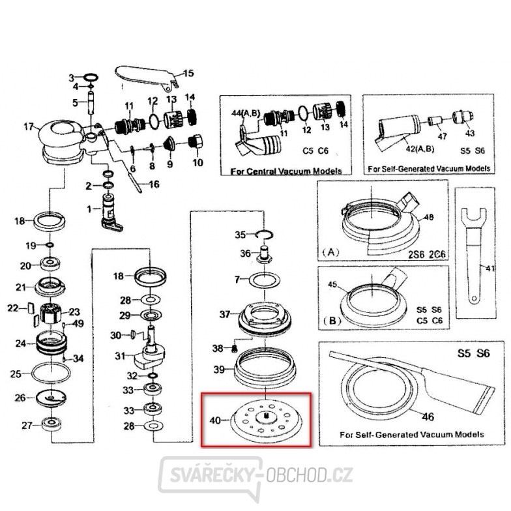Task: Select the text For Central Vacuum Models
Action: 287,171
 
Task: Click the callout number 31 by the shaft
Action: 119,356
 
